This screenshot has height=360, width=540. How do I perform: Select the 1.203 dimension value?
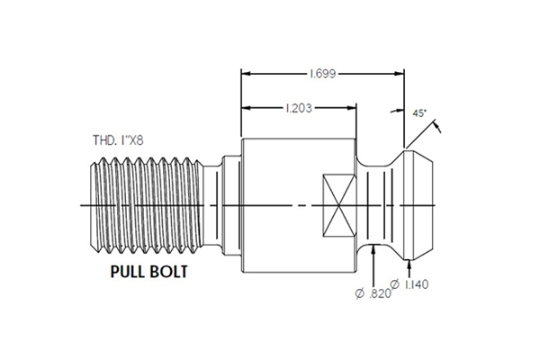pyautogui.click(x=298, y=109)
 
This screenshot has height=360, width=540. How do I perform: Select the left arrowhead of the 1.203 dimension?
pyautogui.click(x=245, y=110)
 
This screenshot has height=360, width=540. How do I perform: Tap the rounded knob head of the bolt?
pyautogui.click(x=418, y=205)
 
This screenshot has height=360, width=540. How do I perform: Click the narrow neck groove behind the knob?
pyautogui.click(x=378, y=205)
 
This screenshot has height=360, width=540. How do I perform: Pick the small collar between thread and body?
pyautogui.click(x=229, y=205)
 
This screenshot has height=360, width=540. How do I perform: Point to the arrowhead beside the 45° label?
pyautogui.click(x=438, y=130)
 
